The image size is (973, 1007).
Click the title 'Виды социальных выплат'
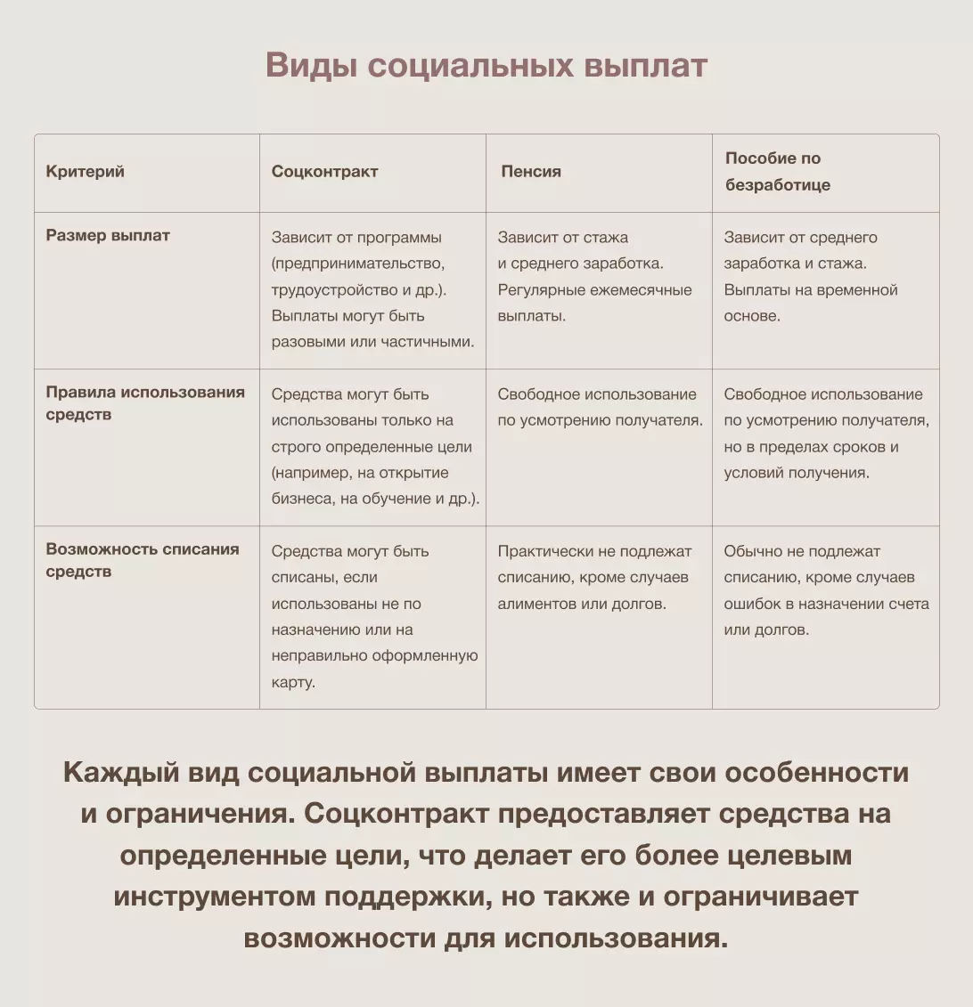click(x=487, y=66)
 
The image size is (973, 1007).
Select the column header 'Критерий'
click(x=85, y=172)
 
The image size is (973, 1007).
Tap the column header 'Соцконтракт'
click(x=324, y=172)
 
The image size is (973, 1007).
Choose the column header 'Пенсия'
click(x=531, y=172)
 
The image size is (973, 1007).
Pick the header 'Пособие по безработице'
click(x=777, y=172)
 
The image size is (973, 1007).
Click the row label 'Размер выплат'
click(x=107, y=236)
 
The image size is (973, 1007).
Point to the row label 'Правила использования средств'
click(x=144, y=403)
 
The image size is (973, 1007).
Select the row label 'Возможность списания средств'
click(x=143, y=560)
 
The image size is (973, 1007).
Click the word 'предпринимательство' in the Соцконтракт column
click(x=357, y=264)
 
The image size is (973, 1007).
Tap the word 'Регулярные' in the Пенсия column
click(x=538, y=289)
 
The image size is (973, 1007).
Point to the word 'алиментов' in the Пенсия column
click(x=536, y=604)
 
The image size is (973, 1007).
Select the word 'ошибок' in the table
click(x=752, y=604)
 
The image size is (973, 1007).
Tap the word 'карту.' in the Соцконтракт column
click(x=293, y=682)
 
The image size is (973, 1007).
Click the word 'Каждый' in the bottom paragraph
click(x=119, y=772)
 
